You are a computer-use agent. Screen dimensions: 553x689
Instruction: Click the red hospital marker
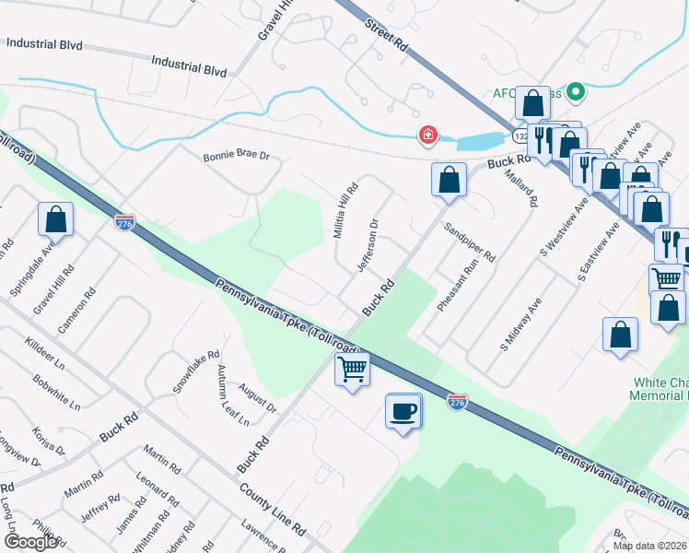[427, 135]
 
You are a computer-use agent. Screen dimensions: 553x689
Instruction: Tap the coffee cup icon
[403, 411]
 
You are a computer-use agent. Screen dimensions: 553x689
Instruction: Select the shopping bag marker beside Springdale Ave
[55, 221]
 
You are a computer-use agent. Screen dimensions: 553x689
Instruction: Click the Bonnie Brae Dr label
[236, 156]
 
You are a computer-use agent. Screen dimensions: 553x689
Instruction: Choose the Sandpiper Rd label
[470, 241]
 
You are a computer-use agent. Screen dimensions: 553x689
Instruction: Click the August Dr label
[262, 402]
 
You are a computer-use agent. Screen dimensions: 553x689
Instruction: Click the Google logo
[30, 542]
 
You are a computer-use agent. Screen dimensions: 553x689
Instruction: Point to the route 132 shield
[521, 135]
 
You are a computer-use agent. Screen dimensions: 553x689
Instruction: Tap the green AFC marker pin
[577, 91]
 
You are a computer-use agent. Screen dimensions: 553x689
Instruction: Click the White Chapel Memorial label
[660, 388]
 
